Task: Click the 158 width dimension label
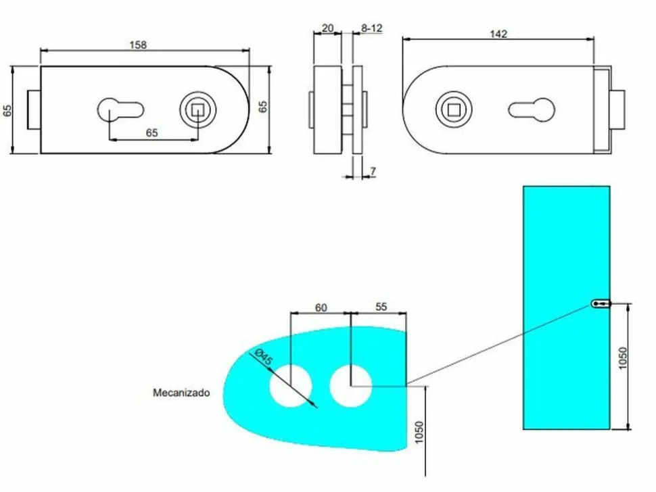(138, 45)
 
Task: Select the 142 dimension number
(498, 34)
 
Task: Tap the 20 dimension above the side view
(327, 28)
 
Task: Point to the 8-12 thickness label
(371, 28)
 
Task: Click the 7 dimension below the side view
(373, 171)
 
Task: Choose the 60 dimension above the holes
(321, 307)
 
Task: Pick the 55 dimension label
(381, 307)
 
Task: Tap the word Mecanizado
(181, 393)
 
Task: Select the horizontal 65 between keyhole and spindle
(152, 133)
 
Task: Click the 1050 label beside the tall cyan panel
(623, 358)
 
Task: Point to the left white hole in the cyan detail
(290, 385)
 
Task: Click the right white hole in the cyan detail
(350, 385)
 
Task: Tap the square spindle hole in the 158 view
(197, 110)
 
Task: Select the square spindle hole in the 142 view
(454, 110)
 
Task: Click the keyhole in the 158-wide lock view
(120, 110)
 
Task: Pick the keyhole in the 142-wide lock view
(532, 110)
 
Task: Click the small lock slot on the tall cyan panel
(601, 303)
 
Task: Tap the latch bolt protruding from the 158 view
(34, 109)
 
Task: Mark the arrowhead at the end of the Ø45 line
(314, 405)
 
